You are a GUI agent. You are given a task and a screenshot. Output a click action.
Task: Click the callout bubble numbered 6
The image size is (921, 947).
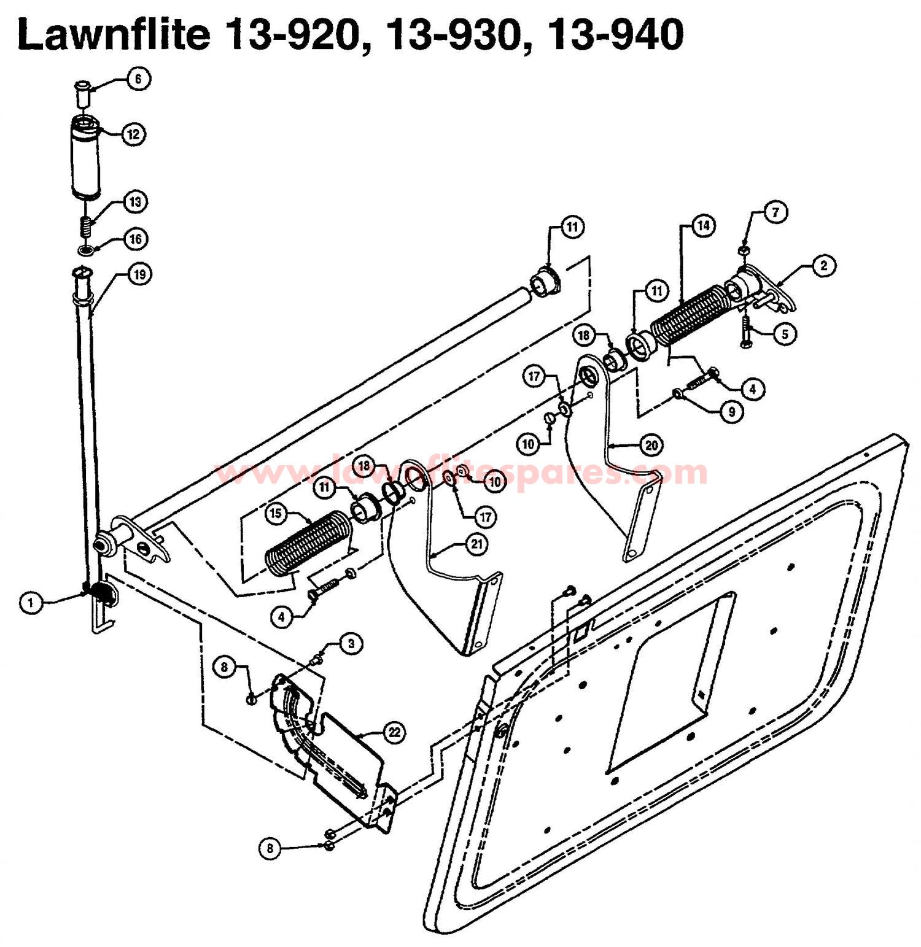[x=138, y=79]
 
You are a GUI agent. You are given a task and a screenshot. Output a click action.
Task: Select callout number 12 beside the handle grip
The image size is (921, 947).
[x=134, y=134]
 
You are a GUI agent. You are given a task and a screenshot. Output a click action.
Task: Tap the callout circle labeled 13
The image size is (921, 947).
[x=135, y=201]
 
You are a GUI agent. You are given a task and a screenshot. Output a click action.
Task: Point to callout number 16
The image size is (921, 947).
[x=136, y=238]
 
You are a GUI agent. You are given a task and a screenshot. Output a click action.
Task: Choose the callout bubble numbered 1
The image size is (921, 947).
[x=31, y=603]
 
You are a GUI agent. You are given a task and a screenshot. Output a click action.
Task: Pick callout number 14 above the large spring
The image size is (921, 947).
[x=703, y=226]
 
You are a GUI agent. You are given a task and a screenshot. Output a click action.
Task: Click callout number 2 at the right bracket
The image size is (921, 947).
[x=823, y=265]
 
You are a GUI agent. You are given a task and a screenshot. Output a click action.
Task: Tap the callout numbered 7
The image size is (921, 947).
[x=776, y=212]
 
